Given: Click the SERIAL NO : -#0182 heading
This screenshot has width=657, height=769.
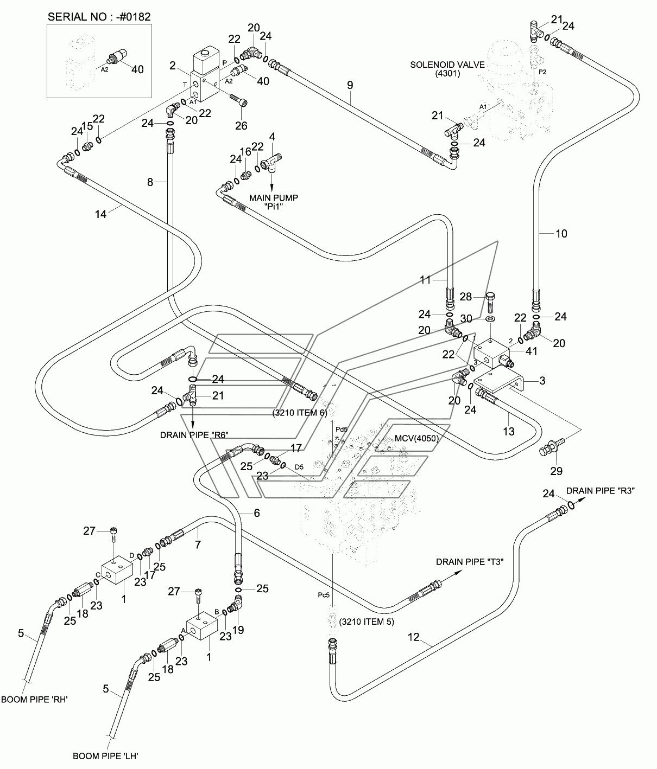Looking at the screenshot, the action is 99,17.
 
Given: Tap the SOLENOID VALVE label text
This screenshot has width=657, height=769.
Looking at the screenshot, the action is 447,65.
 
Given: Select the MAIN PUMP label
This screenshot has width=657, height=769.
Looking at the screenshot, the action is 274,198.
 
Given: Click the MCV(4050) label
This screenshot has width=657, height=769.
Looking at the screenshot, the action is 417,438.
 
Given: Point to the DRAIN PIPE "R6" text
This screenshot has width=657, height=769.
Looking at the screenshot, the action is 194,435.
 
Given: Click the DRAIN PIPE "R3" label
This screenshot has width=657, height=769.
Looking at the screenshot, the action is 601,491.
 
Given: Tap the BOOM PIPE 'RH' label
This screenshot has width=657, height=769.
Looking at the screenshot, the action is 34,700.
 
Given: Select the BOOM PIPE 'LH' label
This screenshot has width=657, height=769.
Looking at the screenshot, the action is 106,756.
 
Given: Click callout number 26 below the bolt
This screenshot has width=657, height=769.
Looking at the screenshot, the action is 241,125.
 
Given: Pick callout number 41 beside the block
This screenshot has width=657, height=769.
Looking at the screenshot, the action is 531,351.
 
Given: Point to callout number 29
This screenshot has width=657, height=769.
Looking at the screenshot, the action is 556,471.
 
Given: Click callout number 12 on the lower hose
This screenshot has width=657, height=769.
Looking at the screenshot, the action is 413,637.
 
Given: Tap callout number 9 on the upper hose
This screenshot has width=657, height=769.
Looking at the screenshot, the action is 350,85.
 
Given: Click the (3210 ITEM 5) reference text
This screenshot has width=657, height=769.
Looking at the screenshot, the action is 367,621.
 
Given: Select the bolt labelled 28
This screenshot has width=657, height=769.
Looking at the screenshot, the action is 490,303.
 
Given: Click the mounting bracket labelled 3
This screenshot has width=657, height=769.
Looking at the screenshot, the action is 499,381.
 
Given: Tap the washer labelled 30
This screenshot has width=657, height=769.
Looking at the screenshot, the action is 490,319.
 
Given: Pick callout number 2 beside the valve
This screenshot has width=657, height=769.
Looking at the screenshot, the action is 173,66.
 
